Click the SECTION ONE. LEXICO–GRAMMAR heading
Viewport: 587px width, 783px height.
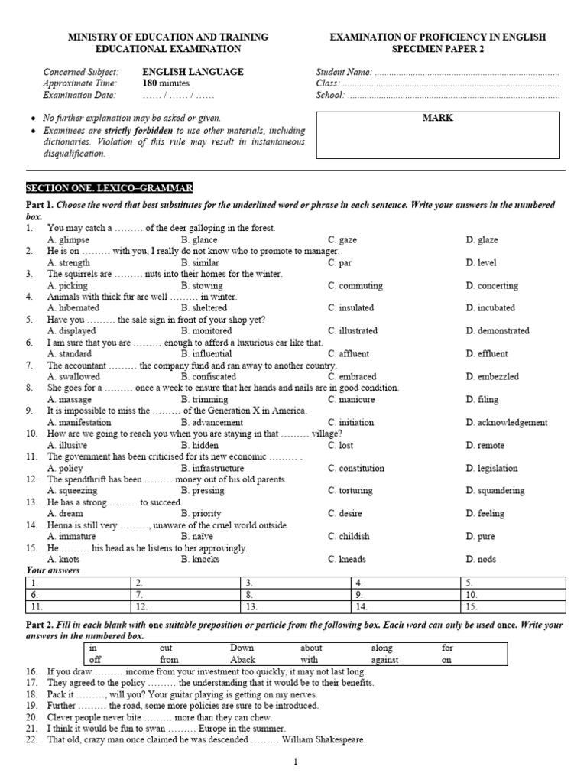pos(109,188)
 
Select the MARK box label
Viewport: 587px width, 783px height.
pos(437,119)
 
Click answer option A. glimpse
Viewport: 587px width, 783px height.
pos(68,240)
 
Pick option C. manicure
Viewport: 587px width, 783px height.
pos(352,400)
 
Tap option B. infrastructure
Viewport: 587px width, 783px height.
pos(212,469)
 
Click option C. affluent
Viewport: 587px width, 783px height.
pos(349,354)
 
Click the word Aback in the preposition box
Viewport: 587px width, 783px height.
pos(242,660)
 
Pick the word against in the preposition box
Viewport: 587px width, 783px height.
pos(385,660)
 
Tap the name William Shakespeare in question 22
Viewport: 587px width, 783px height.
pos(323,740)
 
